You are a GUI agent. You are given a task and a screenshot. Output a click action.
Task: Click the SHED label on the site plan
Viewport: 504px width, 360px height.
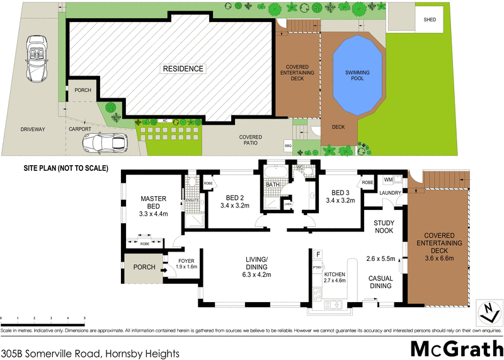point(430,19)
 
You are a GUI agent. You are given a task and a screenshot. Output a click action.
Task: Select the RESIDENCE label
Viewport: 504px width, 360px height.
point(183,69)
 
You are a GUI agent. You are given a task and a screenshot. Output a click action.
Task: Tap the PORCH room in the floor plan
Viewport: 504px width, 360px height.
point(144,267)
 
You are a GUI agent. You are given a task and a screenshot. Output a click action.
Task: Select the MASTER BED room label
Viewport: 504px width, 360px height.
point(153,202)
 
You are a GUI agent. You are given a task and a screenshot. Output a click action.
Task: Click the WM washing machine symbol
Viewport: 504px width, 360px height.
point(388,181)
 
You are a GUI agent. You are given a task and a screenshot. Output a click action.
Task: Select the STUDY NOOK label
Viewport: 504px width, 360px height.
point(384,226)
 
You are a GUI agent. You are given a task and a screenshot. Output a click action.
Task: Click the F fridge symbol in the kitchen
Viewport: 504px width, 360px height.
point(318,255)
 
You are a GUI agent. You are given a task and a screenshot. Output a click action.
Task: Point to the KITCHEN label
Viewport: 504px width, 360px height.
point(335,276)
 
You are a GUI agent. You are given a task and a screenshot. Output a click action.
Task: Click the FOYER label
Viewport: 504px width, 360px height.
point(185,259)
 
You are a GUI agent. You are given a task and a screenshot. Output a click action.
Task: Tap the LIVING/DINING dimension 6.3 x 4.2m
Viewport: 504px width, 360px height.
point(256,275)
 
